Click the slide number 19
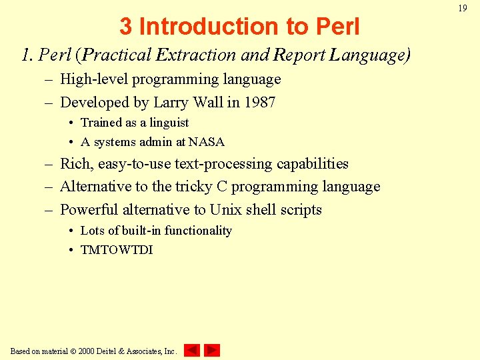[462, 8]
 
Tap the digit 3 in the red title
[126, 27]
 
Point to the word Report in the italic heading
[301, 55]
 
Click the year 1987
[260, 102]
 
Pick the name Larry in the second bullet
[171, 102]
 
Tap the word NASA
[207, 142]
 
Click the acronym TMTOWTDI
[117, 250]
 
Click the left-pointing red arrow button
[191, 350]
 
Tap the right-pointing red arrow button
[212, 350]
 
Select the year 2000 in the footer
[86, 351]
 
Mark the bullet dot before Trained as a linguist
[71, 123]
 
